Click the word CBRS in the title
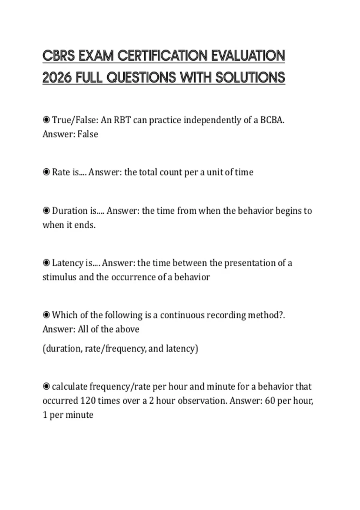tap(59, 56)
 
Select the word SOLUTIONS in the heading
tap(250, 78)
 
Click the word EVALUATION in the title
tap(248, 56)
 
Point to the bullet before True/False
tap(46, 120)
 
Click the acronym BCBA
tap(272, 120)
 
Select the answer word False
tap(88, 134)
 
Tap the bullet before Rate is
tap(46, 172)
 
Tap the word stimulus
tap(59, 277)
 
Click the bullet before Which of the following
tap(46, 315)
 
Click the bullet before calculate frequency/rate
tap(46, 386)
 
